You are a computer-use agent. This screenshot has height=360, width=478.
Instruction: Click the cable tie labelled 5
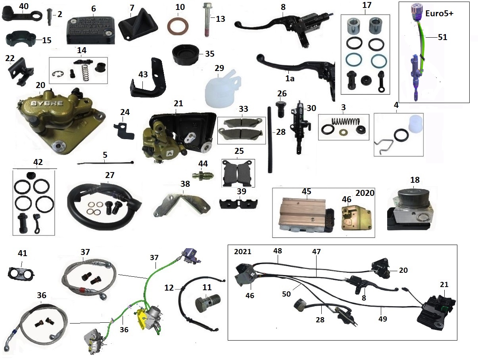pyautogui.click(x=105, y=163)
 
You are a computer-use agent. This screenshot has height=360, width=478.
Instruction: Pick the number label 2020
pyautogui.click(x=364, y=193)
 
